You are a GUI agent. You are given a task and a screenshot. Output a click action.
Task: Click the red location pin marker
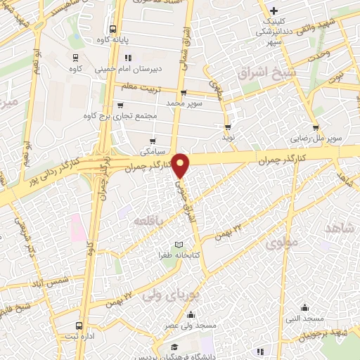[181, 165]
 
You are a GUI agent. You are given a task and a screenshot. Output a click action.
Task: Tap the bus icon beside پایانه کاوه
[112, 30]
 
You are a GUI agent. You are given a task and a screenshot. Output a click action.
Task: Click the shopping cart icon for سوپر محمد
[184, 92]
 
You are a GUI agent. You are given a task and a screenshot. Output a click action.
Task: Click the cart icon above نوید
[227, 127]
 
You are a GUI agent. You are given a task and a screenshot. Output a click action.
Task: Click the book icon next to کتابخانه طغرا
[178, 243]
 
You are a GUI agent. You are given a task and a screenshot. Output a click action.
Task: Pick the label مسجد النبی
[304, 319]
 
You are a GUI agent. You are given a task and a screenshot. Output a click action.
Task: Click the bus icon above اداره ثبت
[78, 326]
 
